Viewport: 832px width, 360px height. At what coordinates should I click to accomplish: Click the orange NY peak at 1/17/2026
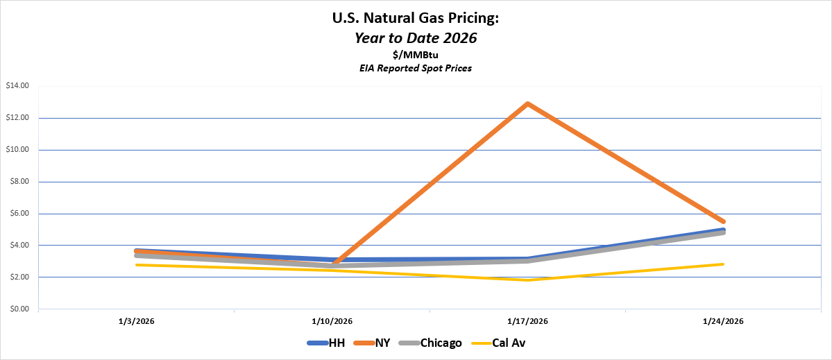(528, 103)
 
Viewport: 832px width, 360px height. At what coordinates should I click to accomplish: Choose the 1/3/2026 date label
(137, 321)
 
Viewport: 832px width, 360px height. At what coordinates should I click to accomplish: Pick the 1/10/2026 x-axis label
(332, 321)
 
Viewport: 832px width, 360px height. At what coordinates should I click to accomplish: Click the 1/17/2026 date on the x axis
(528, 321)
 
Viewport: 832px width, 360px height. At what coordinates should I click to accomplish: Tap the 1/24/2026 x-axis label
(723, 321)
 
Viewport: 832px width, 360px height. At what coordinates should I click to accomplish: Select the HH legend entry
(327, 343)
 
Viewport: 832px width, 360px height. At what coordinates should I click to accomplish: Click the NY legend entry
(374, 343)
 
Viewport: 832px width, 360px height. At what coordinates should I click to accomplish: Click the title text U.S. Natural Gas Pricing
(416, 19)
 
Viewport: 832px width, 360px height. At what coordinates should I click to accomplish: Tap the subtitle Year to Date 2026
(416, 39)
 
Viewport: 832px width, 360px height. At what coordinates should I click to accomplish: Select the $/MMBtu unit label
(416, 55)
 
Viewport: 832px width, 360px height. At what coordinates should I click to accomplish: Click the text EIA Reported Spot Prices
(416, 69)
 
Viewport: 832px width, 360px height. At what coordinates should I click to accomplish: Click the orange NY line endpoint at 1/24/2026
(723, 222)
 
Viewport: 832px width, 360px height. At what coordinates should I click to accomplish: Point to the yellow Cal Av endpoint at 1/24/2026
(723, 264)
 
